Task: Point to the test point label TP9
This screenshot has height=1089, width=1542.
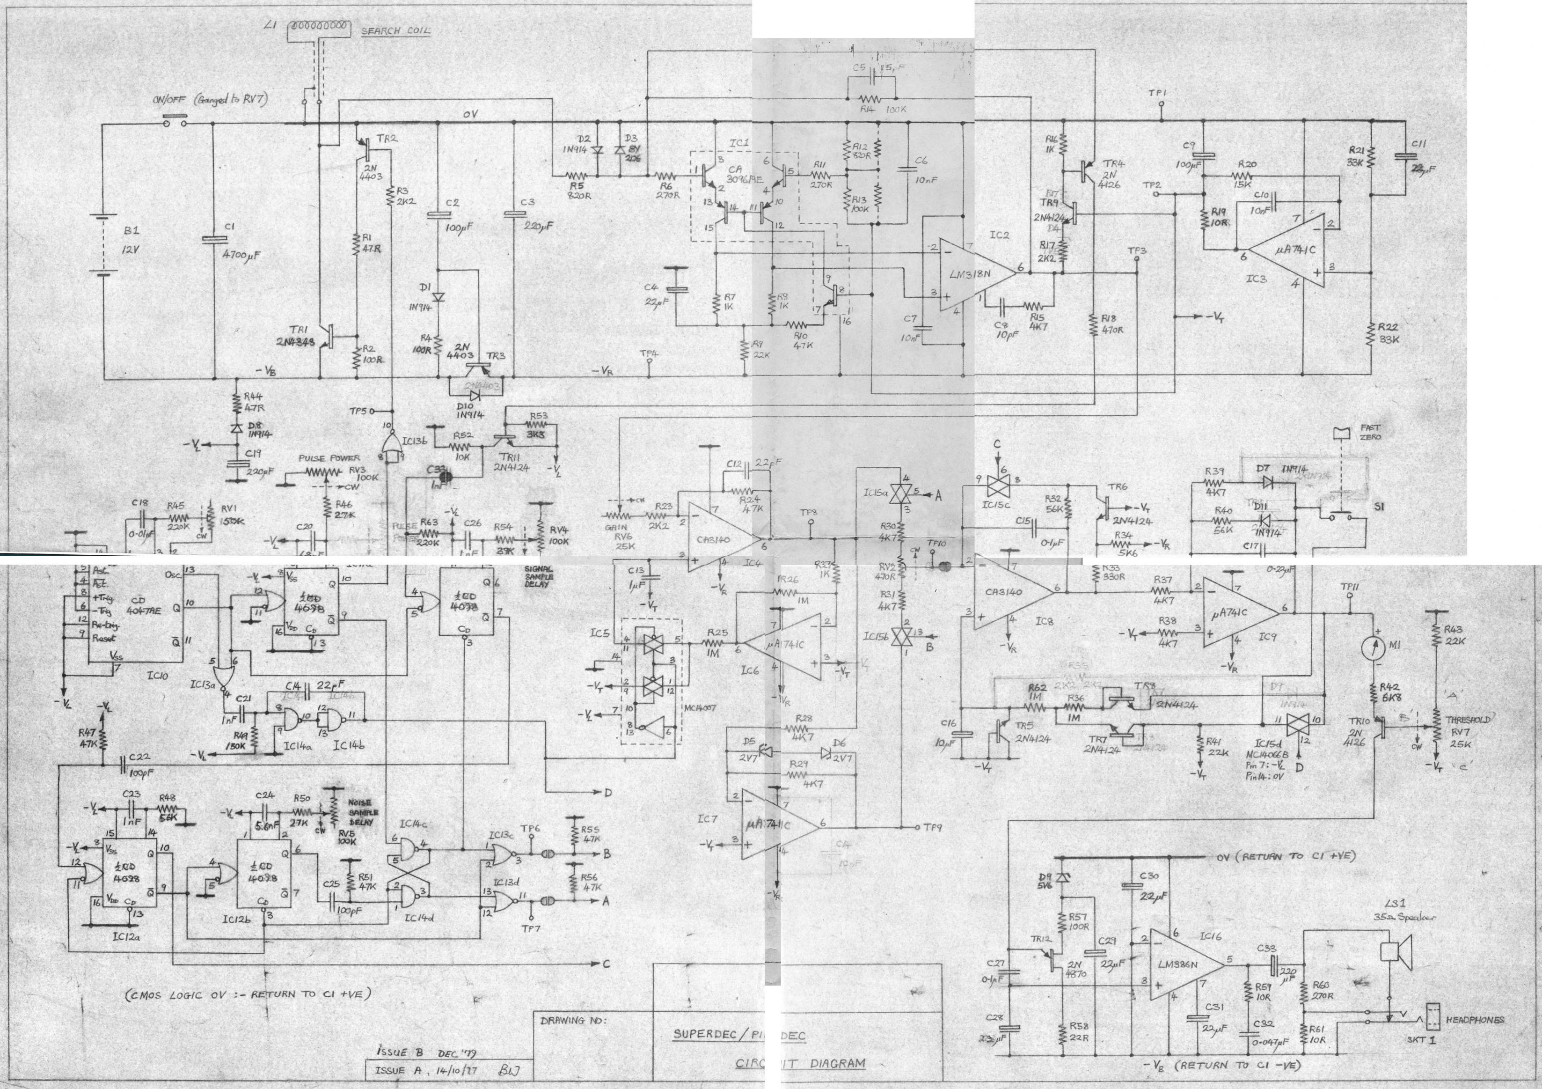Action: click(x=932, y=828)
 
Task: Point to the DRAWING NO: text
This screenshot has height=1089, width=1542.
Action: click(x=572, y=1021)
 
